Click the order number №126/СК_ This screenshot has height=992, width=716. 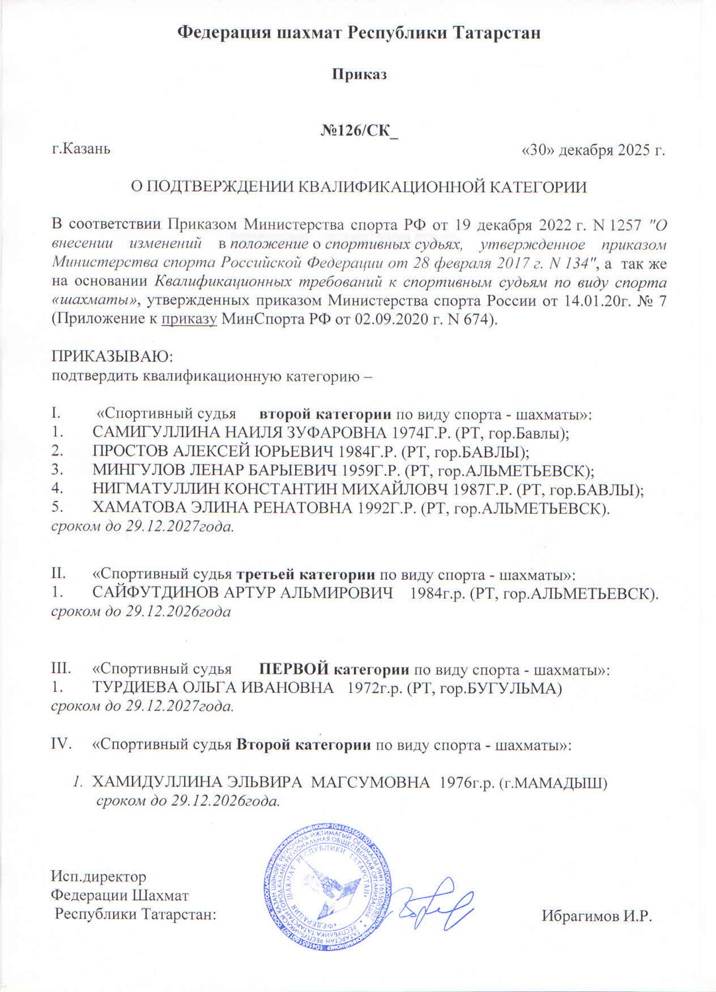point(359,130)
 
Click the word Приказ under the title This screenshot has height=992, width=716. point(359,74)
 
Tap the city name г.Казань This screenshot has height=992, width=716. point(81,149)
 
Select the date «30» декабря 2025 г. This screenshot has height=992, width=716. point(594,150)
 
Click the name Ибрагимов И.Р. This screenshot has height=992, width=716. point(597,916)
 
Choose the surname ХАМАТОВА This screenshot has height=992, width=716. point(136,509)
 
